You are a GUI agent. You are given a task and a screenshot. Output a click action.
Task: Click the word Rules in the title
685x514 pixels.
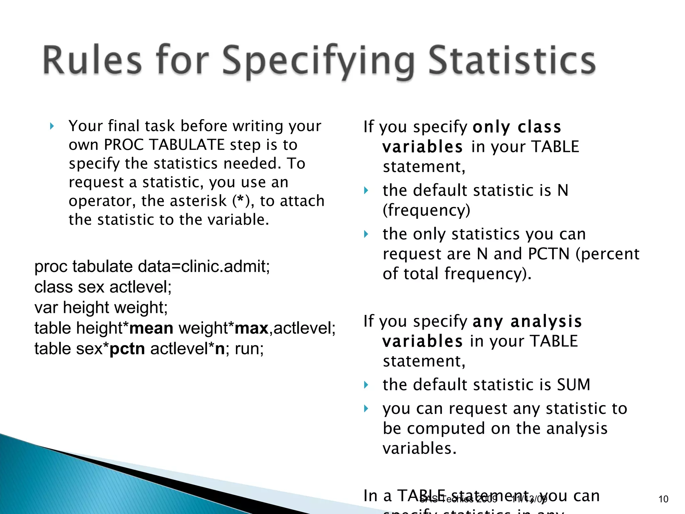[x=92, y=60]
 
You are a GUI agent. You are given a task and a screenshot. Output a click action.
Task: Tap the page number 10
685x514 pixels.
[x=663, y=499]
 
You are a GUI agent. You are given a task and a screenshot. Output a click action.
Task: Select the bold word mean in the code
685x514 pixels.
[x=151, y=328]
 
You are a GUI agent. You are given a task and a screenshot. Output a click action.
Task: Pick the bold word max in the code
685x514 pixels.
[x=252, y=328]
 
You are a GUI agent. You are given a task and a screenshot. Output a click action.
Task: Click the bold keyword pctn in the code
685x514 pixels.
[x=127, y=349]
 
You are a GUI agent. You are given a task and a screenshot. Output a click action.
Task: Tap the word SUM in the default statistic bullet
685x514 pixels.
[x=573, y=384]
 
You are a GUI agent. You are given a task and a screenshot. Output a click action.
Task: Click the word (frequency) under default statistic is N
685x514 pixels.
[x=426, y=210]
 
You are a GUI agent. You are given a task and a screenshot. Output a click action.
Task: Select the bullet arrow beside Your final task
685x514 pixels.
[x=52, y=126]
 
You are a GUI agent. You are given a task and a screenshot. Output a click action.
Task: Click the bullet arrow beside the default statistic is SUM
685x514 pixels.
[x=366, y=385]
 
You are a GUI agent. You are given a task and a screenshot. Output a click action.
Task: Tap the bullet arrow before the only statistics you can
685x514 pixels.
[x=366, y=234]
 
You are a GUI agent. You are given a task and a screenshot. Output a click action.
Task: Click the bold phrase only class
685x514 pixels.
[x=517, y=127]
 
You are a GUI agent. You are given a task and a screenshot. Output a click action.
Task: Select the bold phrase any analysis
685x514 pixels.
[x=527, y=321]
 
